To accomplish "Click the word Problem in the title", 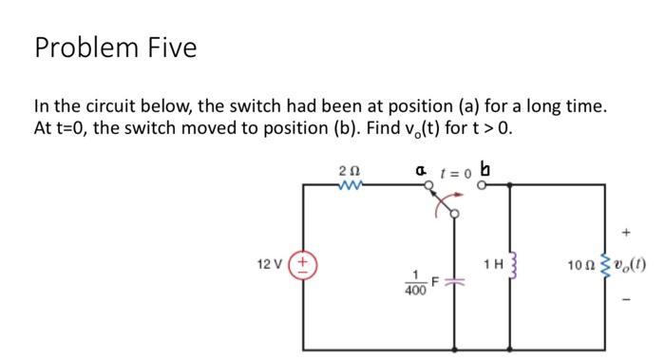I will coord(85,47).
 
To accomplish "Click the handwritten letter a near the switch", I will coord(421,170).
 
